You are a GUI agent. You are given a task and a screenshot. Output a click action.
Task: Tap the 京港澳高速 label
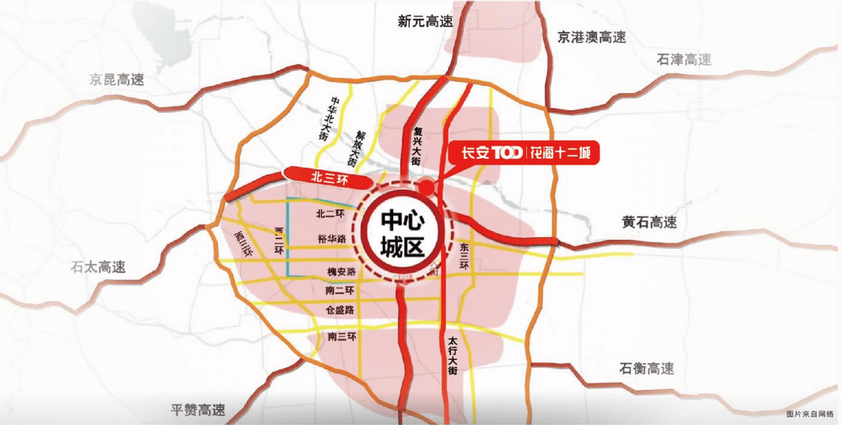pos(592,36)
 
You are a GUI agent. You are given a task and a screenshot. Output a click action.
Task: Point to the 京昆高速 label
pos(117,79)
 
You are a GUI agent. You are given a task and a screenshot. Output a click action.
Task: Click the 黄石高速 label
pos(649,223)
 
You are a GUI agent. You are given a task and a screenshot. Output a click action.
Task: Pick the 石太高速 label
pos(98,267)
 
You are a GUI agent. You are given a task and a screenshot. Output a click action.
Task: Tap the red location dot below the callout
pos(425,186)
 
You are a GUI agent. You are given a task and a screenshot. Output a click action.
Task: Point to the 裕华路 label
pos(331,239)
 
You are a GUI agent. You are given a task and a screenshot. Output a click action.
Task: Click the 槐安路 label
pos(342,271)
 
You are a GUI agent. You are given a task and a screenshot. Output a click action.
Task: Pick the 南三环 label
pos(343,337)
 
